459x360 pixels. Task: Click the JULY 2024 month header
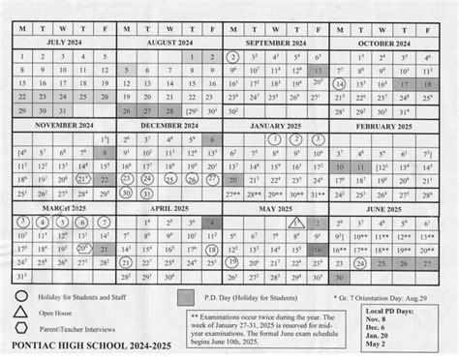[61, 44]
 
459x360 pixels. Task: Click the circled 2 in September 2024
[233, 57]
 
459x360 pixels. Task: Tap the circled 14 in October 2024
[340, 84]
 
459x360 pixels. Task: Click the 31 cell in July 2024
[61, 111]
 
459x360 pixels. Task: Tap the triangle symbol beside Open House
[20, 312]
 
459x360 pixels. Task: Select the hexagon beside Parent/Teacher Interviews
[20, 327]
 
